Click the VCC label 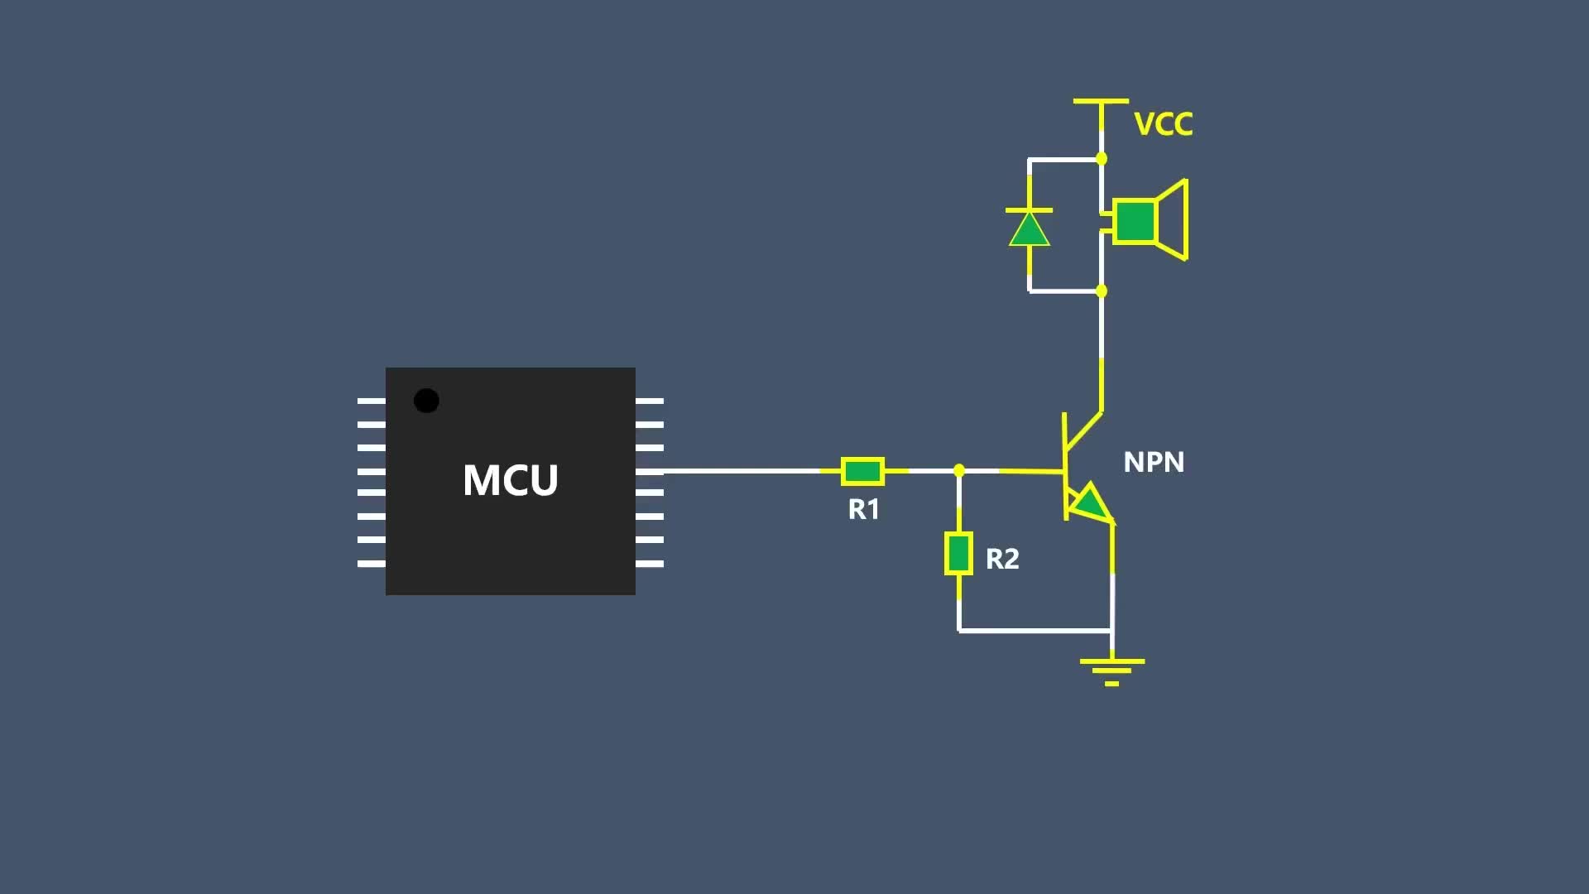pyautogui.click(x=1163, y=124)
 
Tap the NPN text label pyautogui.click(x=1154, y=462)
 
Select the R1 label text pyautogui.click(x=863, y=509)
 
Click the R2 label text pyautogui.click(x=1002, y=559)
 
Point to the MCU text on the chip pyautogui.click(x=510, y=480)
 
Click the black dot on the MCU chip pyautogui.click(x=426, y=401)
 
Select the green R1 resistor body pyautogui.click(x=862, y=471)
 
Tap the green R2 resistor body pyautogui.click(x=958, y=554)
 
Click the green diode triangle pyautogui.click(x=1030, y=231)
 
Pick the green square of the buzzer pyautogui.click(x=1135, y=221)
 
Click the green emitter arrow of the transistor pyautogui.click(x=1090, y=503)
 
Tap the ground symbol pyautogui.click(x=1111, y=670)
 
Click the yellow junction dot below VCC pyautogui.click(x=1102, y=158)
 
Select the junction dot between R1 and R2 pyautogui.click(x=959, y=470)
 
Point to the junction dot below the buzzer pyautogui.click(x=1102, y=291)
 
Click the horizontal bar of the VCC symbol pyautogui.click(x=1101, y=101)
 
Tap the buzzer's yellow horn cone pyautogui.click(x=1174, y=220)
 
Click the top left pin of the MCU pyautogui.click(x=371, y=401)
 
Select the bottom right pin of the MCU pyautogui.click(x=650, y=564)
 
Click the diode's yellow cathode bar pyautogui.click(x=1029, y=210)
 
